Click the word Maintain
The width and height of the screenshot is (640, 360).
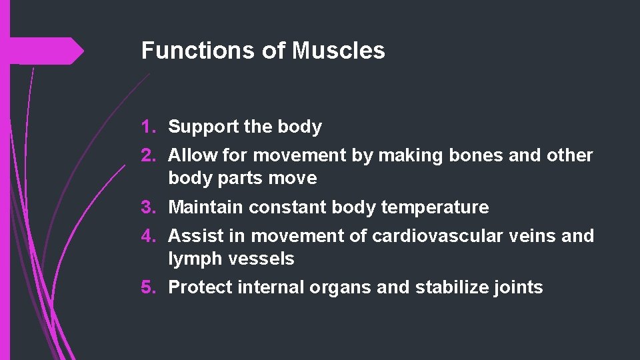[206, 207]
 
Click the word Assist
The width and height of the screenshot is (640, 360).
[195, 236]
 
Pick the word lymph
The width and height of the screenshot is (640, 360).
[194, 259]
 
